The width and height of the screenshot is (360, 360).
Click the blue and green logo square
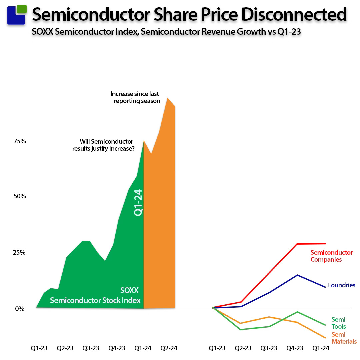coord(16,14)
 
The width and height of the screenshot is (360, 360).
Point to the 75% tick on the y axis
coord(20,141)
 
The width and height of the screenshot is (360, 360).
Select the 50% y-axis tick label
coord(20,196)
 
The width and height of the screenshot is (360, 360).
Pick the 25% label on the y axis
coord(20,252)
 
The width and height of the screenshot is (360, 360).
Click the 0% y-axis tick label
coord(20,308)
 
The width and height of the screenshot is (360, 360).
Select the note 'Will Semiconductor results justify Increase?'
coord(103,145)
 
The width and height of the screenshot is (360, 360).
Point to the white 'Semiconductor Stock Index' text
coord(95,300)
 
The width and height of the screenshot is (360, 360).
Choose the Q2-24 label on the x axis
coord(169,348)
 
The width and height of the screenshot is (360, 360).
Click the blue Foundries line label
coord(341,285)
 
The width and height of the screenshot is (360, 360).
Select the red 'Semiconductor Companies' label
coord(331,256)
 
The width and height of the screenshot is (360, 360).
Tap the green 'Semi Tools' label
coord(338,323)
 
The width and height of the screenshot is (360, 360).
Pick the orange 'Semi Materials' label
coord(344,338)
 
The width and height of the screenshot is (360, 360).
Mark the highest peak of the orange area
coord(168,98)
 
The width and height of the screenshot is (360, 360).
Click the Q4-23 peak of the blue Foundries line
coord(297,275)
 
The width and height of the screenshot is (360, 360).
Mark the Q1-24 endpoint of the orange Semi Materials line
coord(325,338)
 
